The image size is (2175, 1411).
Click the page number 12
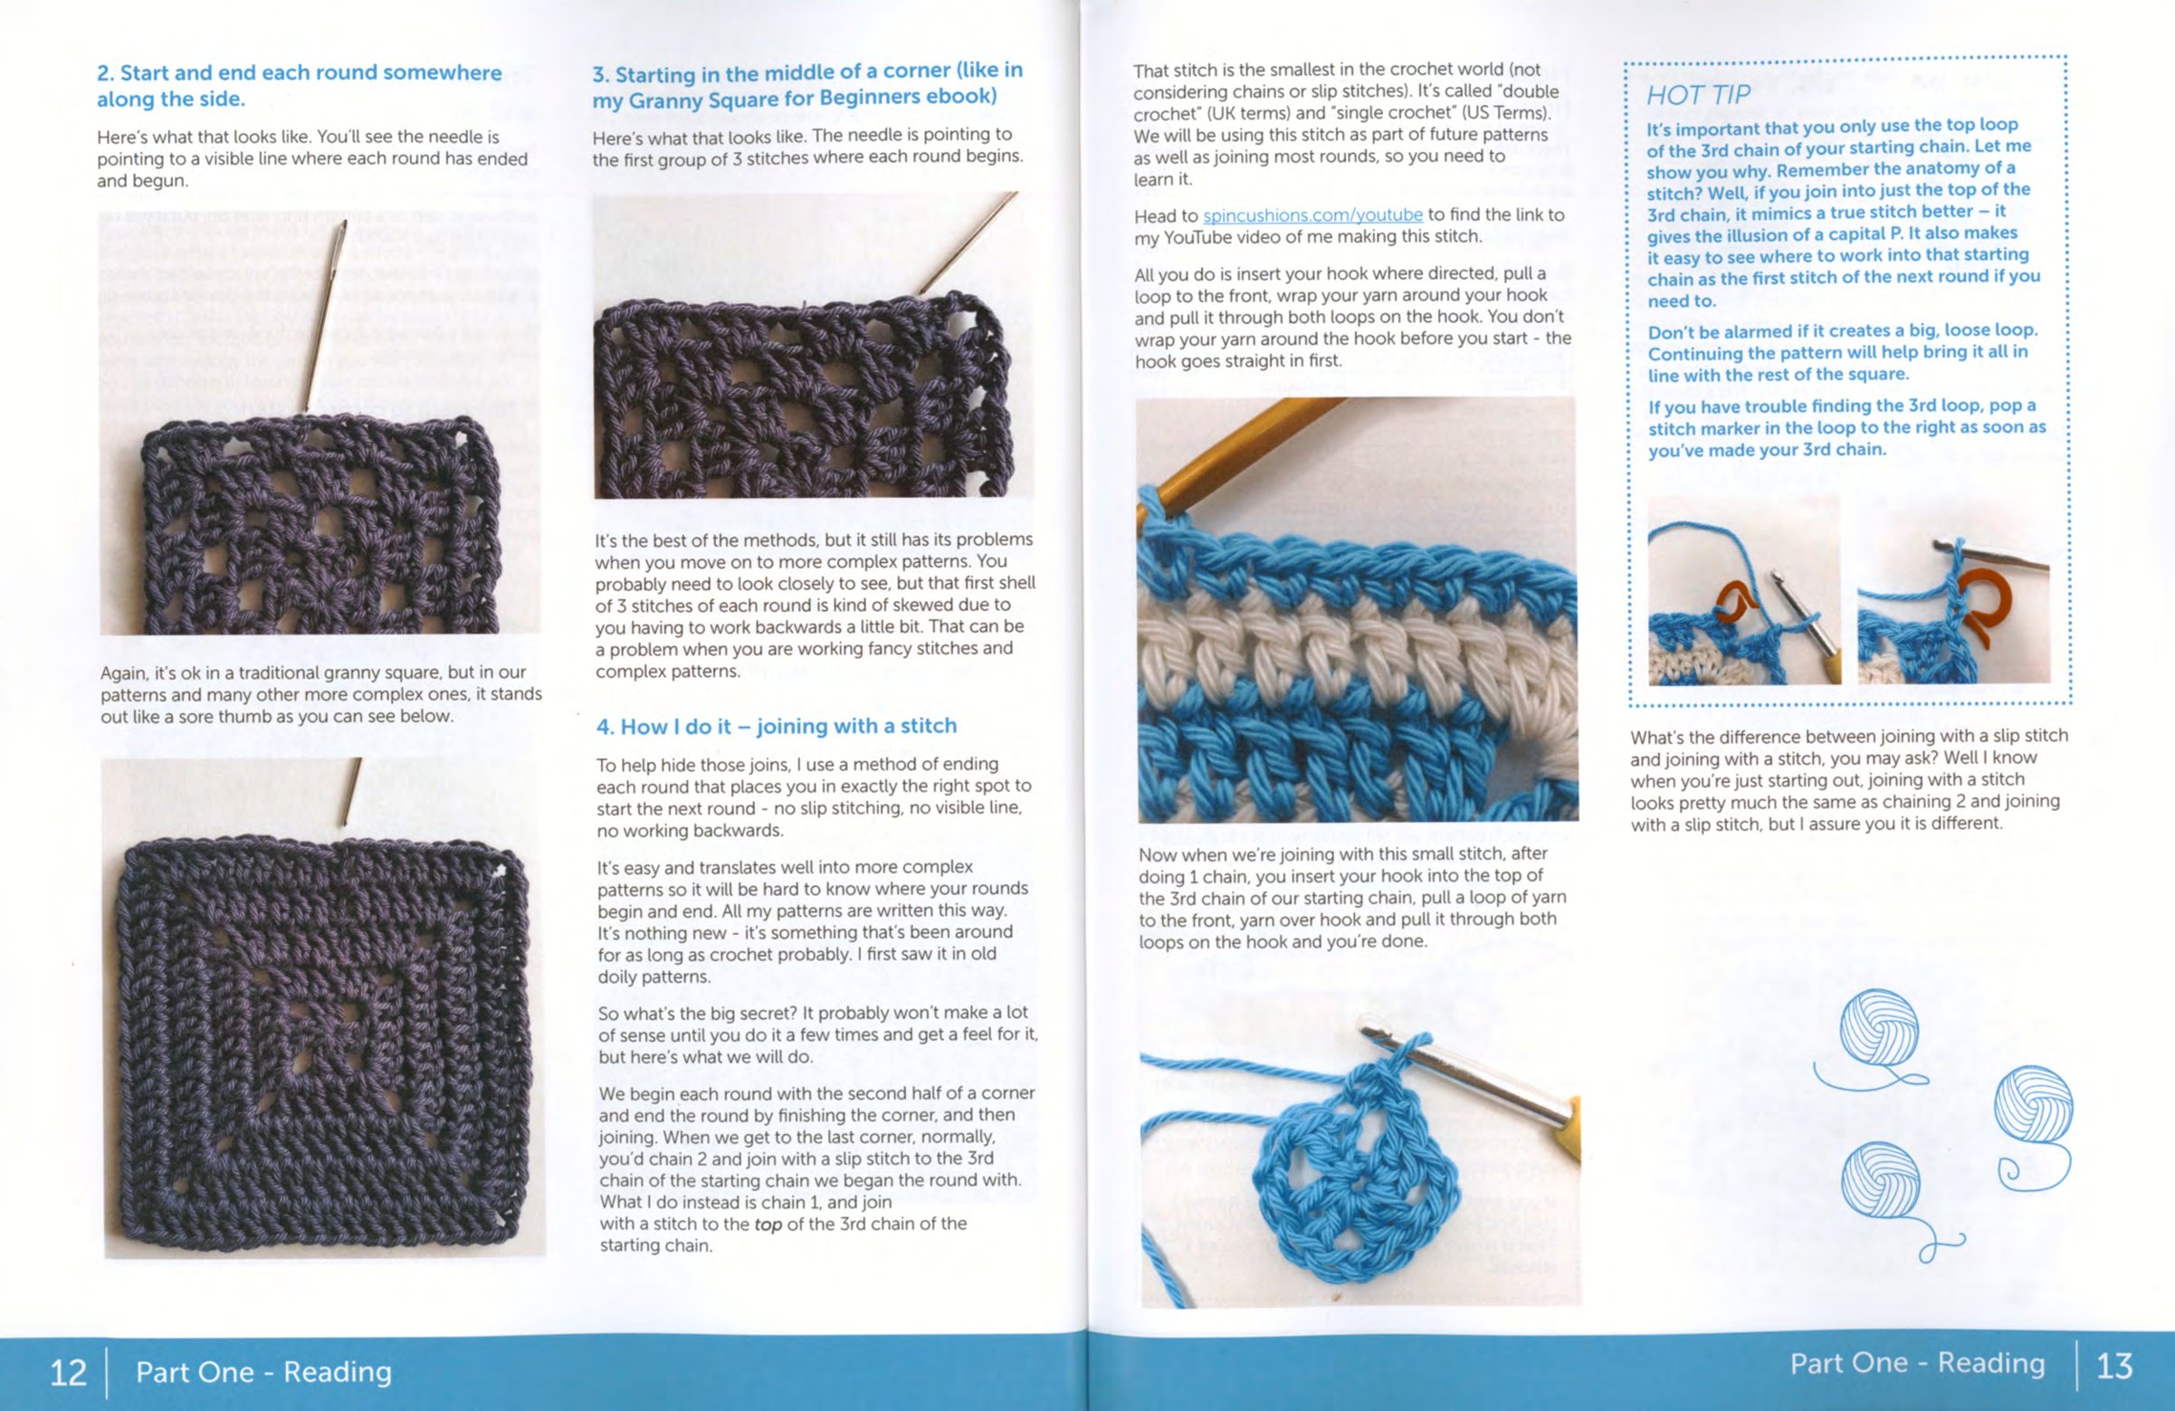pyautogui.click(x=68, y=1372)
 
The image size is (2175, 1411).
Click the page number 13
pyautogui.click(x=2113, y=1366)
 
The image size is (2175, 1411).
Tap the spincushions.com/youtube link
pyautogui.click(x=1312, y=215)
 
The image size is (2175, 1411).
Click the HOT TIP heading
pyautogui.click(x=1698, y=95)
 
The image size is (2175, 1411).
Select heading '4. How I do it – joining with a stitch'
pyautogui.click(x=776, y=727)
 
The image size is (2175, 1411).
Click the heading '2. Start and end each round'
pyautogui.click(x=299, y=86)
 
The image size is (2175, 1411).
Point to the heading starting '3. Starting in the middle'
pyautogui.click(x=807, y=84)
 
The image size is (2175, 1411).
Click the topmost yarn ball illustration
pyautogui.click(x=1879, y=1028)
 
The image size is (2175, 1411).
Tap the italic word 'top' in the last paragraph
pyautogui.click(x=768, y=1225)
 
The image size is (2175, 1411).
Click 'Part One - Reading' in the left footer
pyautogui.click(x=264, y=1372)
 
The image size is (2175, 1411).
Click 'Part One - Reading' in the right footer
pyautogui.click(x=1917, y=1363)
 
